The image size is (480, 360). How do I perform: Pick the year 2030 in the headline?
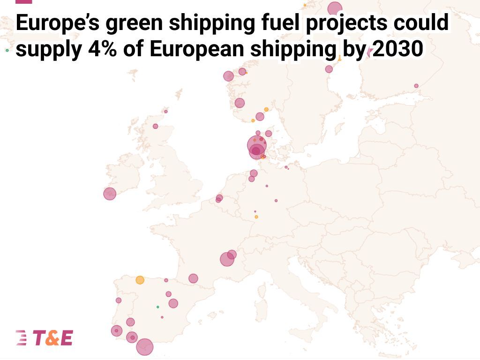tap(397, 49)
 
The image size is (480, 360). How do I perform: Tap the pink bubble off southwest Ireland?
tap(110, 194)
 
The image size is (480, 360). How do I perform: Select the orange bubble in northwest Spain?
tap(140, 280)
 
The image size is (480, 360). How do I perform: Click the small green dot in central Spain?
tap(157, 307)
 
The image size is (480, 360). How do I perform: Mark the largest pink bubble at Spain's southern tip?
tap(144, 347)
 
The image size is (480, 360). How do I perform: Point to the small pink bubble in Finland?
tap(416, 86)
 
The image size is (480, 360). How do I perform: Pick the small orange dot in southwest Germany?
tap(256, 217)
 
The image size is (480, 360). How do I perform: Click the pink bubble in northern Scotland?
tap(156, 126)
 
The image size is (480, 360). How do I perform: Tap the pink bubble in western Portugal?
tap(119, 300)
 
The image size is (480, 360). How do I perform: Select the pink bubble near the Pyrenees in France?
tap(193, 278)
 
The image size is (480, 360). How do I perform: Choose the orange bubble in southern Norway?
tap(266, 109)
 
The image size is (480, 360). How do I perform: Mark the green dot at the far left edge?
tap(7, 50)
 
